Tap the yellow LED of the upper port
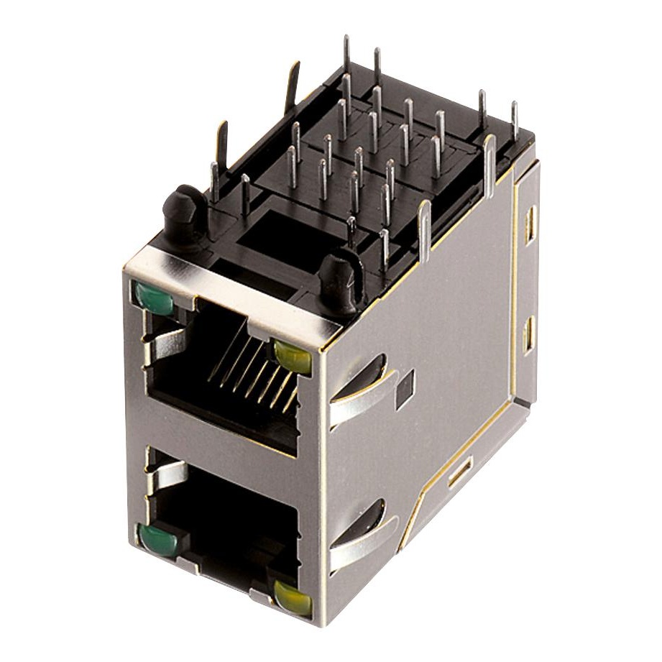pyautogui.click(x=292, y=355)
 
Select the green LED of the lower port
pyautogui.click(x=159, y=540)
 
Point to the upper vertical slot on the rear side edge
pyautogui.click(x=530, y=225)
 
